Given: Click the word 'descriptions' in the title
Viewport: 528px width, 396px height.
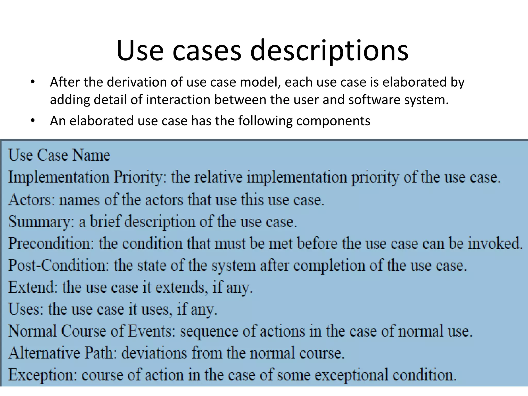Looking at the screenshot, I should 329,51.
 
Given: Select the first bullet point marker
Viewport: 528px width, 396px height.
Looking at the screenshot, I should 32,82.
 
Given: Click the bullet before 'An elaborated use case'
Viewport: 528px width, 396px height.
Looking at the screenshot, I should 32,121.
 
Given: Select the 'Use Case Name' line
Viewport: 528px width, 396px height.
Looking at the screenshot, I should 59,155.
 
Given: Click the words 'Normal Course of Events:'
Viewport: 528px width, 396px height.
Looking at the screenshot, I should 92,331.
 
